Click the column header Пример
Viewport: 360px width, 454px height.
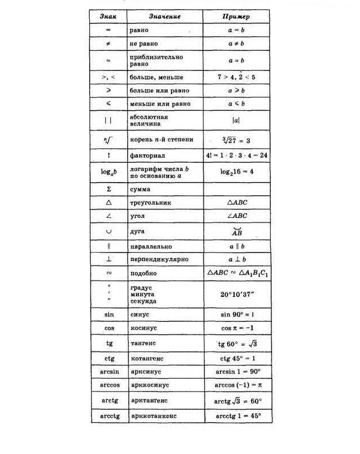click(236, 16)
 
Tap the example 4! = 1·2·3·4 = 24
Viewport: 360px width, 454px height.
click(237, 154)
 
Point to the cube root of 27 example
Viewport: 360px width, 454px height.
click(237, 140)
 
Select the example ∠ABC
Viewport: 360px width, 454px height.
click(236, 216)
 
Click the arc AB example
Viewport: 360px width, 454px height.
click(236, 232)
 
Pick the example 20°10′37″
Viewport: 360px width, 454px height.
click(237, 294)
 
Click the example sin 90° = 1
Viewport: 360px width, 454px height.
click(237, 314)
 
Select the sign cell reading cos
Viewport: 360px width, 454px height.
click(109, 328)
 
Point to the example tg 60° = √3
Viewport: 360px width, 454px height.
click(237, 344)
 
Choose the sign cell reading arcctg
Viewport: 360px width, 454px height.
click(109, 416)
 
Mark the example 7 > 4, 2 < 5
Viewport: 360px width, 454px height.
click(236, 77)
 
